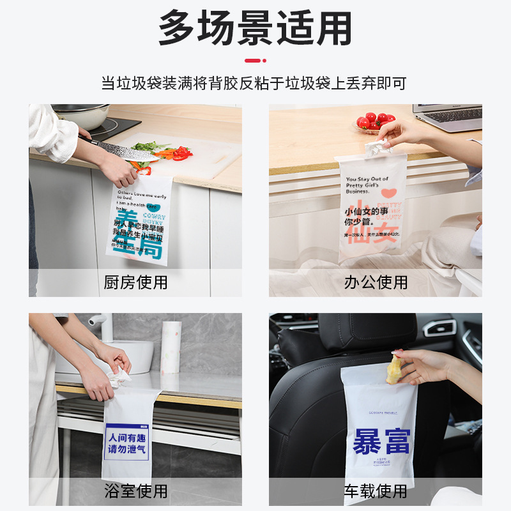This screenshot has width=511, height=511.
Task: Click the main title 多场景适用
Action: click(255, 29)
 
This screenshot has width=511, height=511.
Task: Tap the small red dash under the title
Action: click(255, 61)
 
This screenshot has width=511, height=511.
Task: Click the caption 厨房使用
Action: click(135, 282)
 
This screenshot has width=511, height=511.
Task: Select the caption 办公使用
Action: click(376, 282)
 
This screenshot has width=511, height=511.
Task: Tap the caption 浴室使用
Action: click(135, 491)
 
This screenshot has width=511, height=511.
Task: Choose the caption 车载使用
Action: click(376, 491)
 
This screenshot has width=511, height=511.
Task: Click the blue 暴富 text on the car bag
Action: click(381, 441)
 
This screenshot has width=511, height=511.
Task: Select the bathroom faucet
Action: click(102, 323)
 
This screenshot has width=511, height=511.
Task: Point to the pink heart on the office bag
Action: click(388, 192)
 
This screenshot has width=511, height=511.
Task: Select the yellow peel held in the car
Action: click(395, 370)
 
